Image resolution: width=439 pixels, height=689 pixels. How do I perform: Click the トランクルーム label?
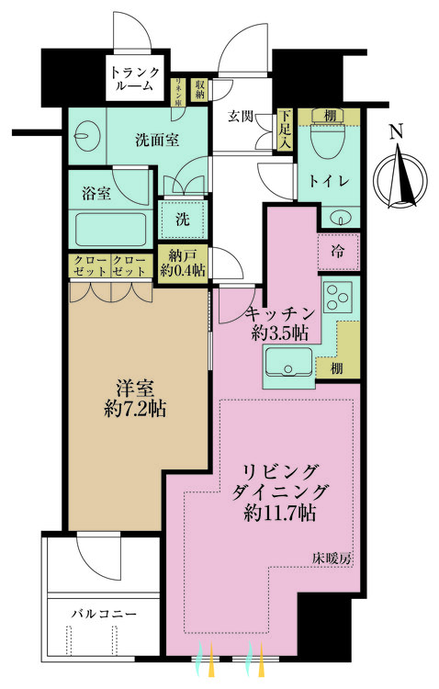pyautogui.click(x=135, y=80)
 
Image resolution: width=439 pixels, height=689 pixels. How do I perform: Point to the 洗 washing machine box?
pyautogui.click(x=183, y=220)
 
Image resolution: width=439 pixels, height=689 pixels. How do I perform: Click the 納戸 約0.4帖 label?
pyautogui.click(x=181, y=263)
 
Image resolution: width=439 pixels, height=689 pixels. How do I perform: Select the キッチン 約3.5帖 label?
pyautogui.click(x=276, y=322)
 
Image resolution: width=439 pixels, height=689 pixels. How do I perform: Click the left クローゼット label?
pyautogui.click(x=89, y=266)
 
